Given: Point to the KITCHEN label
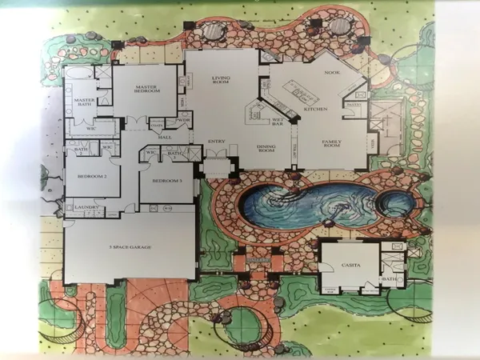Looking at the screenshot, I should (x=312, y=107).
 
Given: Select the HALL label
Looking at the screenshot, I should (x=166, y=137).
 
